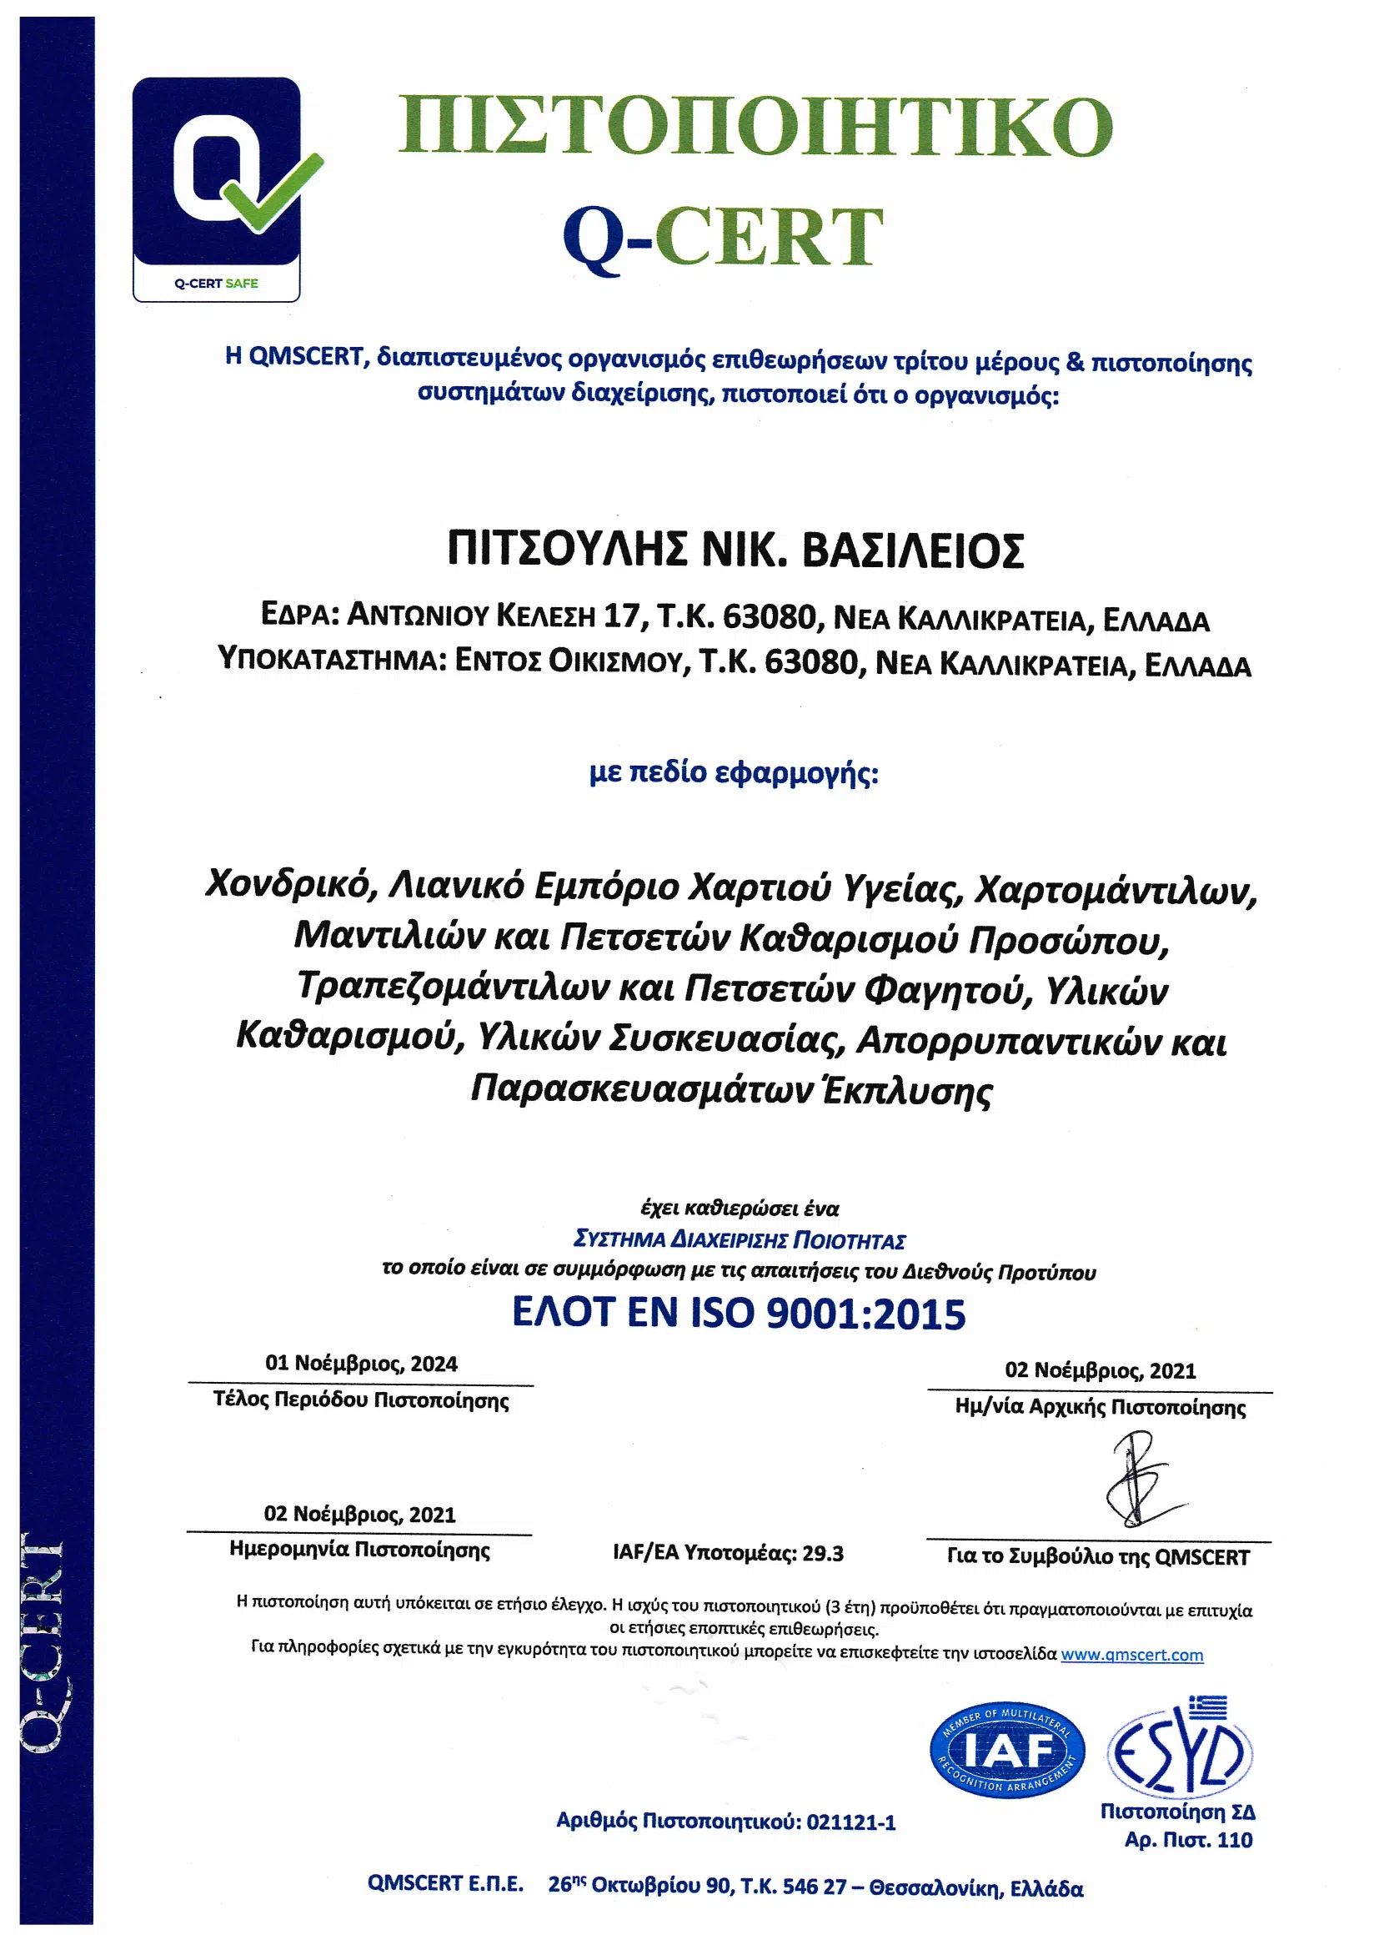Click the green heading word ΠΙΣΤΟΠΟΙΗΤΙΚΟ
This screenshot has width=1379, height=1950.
[x=755, y=128]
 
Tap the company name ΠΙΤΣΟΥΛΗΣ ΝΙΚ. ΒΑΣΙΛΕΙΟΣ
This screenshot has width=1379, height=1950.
[x=735, y=550]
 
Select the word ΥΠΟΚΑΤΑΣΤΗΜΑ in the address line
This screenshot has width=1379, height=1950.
[x=331, y=659]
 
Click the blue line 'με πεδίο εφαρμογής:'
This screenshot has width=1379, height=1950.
[x=734, y=773]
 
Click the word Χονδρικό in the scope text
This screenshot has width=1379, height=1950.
[x=289, y=884]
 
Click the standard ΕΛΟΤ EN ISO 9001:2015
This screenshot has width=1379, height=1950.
[x=739, y=1313]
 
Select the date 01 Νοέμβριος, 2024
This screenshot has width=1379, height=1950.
[x=361, y=1364]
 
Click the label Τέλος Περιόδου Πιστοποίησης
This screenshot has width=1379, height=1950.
[x=361, y=1400]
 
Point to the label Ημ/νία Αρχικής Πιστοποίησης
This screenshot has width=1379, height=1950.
[x=1100, y=1407]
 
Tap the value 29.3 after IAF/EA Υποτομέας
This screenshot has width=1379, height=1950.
[x=823, y=1553]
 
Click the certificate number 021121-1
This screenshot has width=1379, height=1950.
[x=851, y=1822]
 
